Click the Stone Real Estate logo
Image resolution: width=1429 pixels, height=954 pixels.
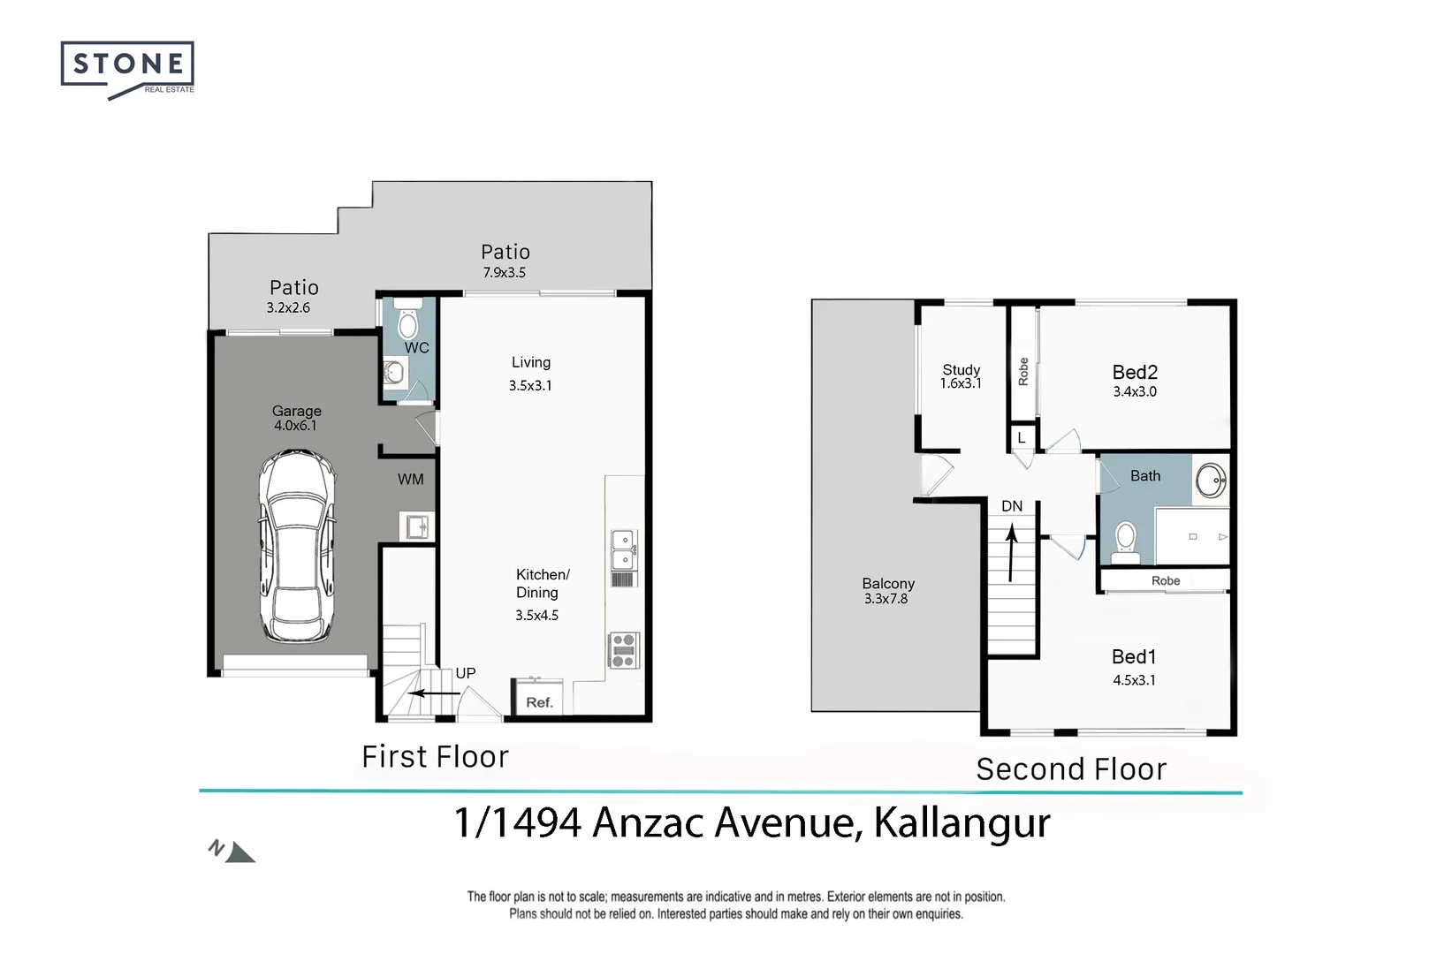click(x=127, y=68)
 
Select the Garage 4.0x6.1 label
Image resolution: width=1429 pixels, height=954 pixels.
click(x=296, y=418)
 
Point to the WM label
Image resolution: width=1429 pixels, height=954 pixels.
click(x=410, y=480)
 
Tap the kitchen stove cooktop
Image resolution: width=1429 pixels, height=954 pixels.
click(x=623, y=650)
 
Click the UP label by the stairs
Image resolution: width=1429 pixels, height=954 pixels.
click(x=465, y=673)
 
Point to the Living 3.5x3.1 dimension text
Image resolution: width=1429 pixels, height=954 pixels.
click(x=530, y=385)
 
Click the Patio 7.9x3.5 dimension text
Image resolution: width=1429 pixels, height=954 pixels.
click(x=504, y=273)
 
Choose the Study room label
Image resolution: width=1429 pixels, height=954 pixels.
click(x=961, y=370)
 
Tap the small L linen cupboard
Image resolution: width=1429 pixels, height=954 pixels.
click(x=1021, y=438)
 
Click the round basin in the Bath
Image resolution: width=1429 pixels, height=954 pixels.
click(x=1210, y=481)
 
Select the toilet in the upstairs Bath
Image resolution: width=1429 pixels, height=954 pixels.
click(x=1125, y=541)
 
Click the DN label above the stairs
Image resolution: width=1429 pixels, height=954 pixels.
click(x=1012, y=506)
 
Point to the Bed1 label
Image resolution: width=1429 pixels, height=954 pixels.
click(x=1134, y=657)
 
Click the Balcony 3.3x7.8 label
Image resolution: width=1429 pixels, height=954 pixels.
click(x=887, y=591)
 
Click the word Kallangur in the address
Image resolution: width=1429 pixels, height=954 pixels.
click(x=962, y=822)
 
